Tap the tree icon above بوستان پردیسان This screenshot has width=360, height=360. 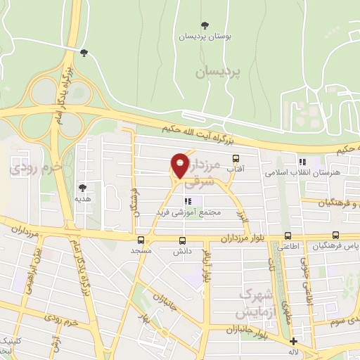[x=205, y=26]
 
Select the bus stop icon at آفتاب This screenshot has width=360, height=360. [x=235, y=159]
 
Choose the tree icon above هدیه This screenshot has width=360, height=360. [x=83, y=188]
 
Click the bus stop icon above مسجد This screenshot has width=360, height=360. [x=141, y=240]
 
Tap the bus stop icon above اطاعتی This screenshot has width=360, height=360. [x=287, y=236]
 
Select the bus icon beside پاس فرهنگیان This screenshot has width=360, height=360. [x=335, y=236]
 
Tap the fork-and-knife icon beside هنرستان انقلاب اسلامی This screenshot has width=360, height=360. [x=302, y=161]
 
